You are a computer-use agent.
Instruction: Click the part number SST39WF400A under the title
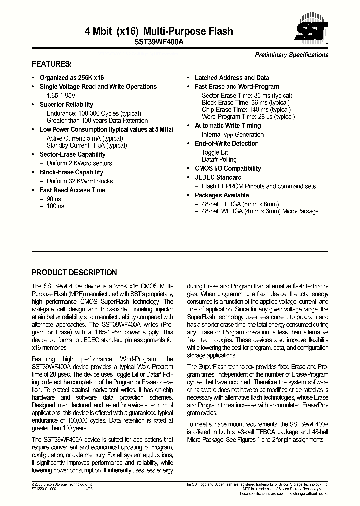point(159,43)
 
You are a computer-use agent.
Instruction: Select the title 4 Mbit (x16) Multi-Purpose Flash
point(159,31)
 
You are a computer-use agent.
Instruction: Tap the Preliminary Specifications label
point(291,55)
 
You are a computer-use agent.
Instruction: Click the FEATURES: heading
point(52,64)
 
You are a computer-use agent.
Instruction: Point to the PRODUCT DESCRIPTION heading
point(74,273)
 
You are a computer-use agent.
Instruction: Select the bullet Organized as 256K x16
point(72,78)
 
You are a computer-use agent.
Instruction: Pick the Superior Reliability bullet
point(66,104)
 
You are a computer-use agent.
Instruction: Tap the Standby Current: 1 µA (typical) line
point(86,145)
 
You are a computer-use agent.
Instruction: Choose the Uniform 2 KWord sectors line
point(79,163)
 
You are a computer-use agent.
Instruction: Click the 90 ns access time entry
point(54,198)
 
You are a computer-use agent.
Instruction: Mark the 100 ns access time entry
point(55,206)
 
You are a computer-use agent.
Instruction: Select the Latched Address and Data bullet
point(231,78)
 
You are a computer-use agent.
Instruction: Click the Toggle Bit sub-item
point(215,152)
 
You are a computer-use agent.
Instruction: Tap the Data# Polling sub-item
point(219,159)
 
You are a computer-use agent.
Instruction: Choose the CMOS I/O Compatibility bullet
point(228,169)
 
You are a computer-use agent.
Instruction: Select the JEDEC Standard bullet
point(218,177)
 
